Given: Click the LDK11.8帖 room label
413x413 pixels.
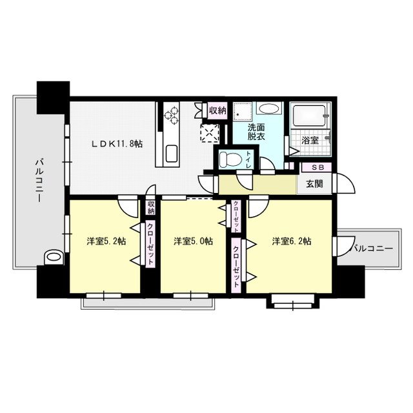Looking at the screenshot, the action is [117, 144].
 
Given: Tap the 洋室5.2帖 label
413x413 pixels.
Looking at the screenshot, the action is [106, 241].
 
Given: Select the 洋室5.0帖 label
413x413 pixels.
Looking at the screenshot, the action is [193, 241].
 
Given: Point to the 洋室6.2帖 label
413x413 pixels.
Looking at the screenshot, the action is [292, 241].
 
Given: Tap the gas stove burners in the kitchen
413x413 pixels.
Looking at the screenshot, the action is [171, 115].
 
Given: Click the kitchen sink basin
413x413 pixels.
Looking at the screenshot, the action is [172, 154].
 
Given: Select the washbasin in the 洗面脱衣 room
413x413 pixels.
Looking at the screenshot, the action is [268, 109].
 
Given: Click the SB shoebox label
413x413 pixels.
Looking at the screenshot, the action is [317, 167].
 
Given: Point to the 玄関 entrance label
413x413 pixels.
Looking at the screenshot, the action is [314, 184].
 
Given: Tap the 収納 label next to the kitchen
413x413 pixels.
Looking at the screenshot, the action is [217, 110].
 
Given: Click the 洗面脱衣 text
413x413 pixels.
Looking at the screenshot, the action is [256, 132].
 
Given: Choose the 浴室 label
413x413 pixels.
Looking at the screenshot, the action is [310, 141].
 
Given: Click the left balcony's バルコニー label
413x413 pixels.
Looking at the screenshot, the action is [39, 180].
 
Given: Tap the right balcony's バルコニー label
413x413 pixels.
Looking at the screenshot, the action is [372, 248].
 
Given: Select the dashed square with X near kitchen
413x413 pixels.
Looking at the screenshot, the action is [210, 134].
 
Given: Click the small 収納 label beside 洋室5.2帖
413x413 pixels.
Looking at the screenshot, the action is [151, 208].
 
